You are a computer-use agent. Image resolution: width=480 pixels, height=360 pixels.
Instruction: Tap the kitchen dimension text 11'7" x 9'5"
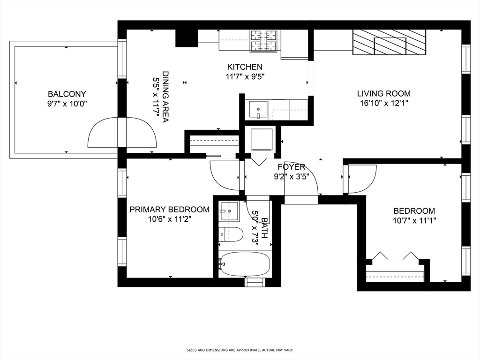[245, 77]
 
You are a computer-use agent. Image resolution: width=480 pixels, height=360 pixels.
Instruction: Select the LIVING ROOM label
[384, 93]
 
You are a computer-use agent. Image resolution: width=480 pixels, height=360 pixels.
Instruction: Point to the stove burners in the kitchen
[264, 40]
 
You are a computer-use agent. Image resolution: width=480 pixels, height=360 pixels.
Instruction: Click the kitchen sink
[258, 110]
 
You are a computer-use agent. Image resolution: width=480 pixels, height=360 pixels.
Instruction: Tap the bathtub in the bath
[245, 264]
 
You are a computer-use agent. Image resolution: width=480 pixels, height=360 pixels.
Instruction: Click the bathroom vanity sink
[229, 211]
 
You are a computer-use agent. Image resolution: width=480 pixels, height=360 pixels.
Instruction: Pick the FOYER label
[291, 167]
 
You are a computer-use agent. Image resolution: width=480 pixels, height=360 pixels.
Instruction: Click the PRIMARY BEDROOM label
[169, 209]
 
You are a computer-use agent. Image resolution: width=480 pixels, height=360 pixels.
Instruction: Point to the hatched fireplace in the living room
[389, 42]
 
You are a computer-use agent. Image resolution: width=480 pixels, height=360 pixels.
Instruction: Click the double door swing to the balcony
[122, 132]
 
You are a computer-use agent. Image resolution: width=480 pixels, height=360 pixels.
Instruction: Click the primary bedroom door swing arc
[225, 175]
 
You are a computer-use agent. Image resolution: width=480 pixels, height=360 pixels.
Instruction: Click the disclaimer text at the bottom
[240, 350]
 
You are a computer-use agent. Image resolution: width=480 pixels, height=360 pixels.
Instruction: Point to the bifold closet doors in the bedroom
[395, 256]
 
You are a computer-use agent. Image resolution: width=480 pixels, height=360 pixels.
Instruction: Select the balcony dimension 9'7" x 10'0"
[67, 104]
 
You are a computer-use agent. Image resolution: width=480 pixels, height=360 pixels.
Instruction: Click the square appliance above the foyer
[262, 139]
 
